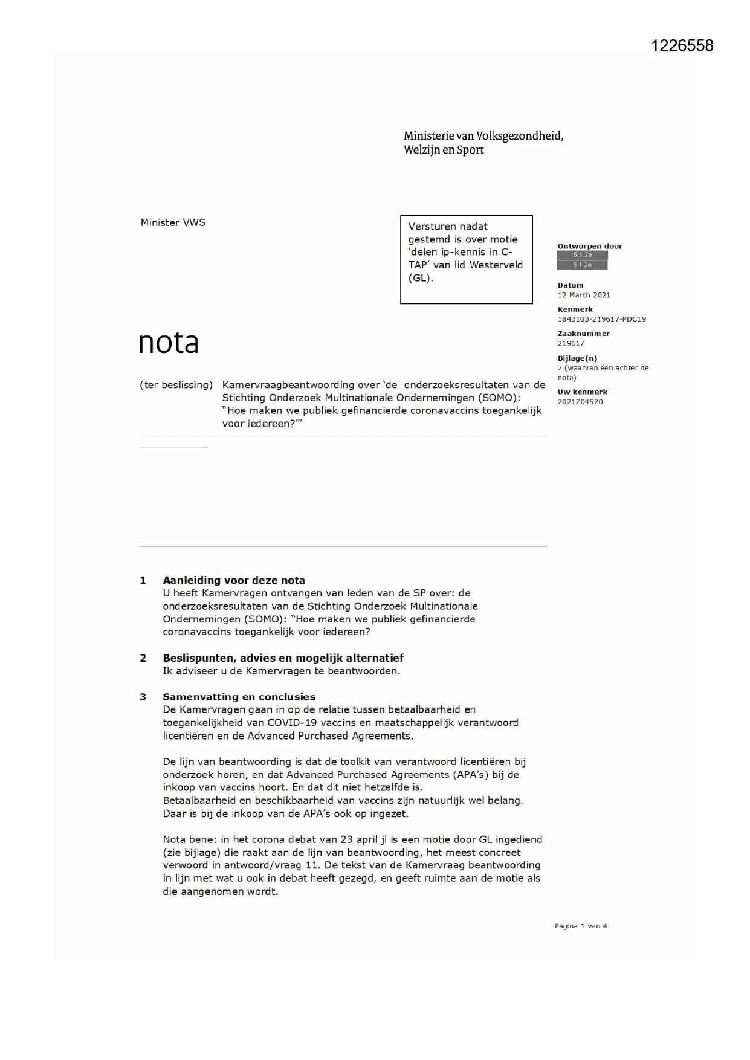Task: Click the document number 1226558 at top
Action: pos(682,46)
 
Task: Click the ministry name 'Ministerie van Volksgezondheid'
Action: pos(483,136)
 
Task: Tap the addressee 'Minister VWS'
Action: pos(173,222)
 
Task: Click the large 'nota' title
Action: pos(169,343)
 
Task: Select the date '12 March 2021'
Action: pos(583,296)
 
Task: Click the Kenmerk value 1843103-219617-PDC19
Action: pos(601,319)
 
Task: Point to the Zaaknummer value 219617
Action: pos(571,343)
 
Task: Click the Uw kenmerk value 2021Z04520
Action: pos(580,402)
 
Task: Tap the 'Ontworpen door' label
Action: pos(589,246)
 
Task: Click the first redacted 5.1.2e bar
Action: pos(582,255)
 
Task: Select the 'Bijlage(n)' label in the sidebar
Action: pos(577,358)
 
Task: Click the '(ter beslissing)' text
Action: pos(176,385)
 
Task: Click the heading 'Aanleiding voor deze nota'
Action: pos(233,581)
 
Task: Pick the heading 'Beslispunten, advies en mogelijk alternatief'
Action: pos(283,658)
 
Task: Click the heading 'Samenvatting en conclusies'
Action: pos(239,697)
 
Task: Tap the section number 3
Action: pos(143,697)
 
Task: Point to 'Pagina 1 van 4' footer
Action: pos(580,926)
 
